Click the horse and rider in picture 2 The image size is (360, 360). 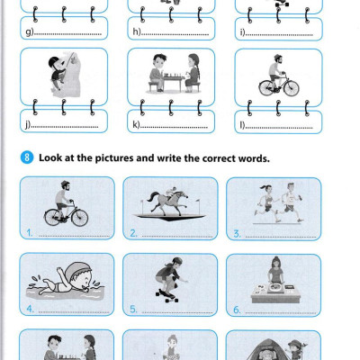point(168,203)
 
